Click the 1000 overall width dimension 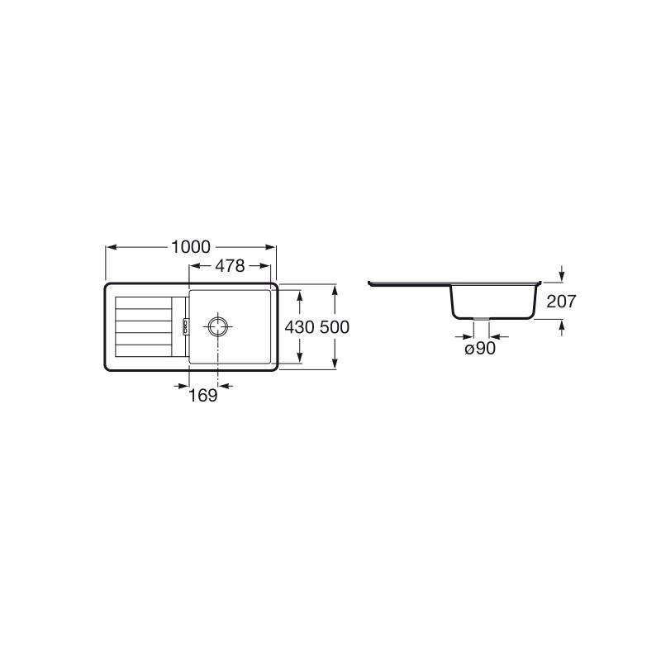coord(191,247)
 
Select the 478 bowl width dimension coord(230,265)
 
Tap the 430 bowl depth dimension coord(299,326)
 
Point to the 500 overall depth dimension coord(335,326)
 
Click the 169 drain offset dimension coord(202,395)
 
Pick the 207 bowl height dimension coord(561,301)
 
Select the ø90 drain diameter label coord(480,348)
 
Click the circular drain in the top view coord(218,326)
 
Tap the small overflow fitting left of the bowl coord(184,326)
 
